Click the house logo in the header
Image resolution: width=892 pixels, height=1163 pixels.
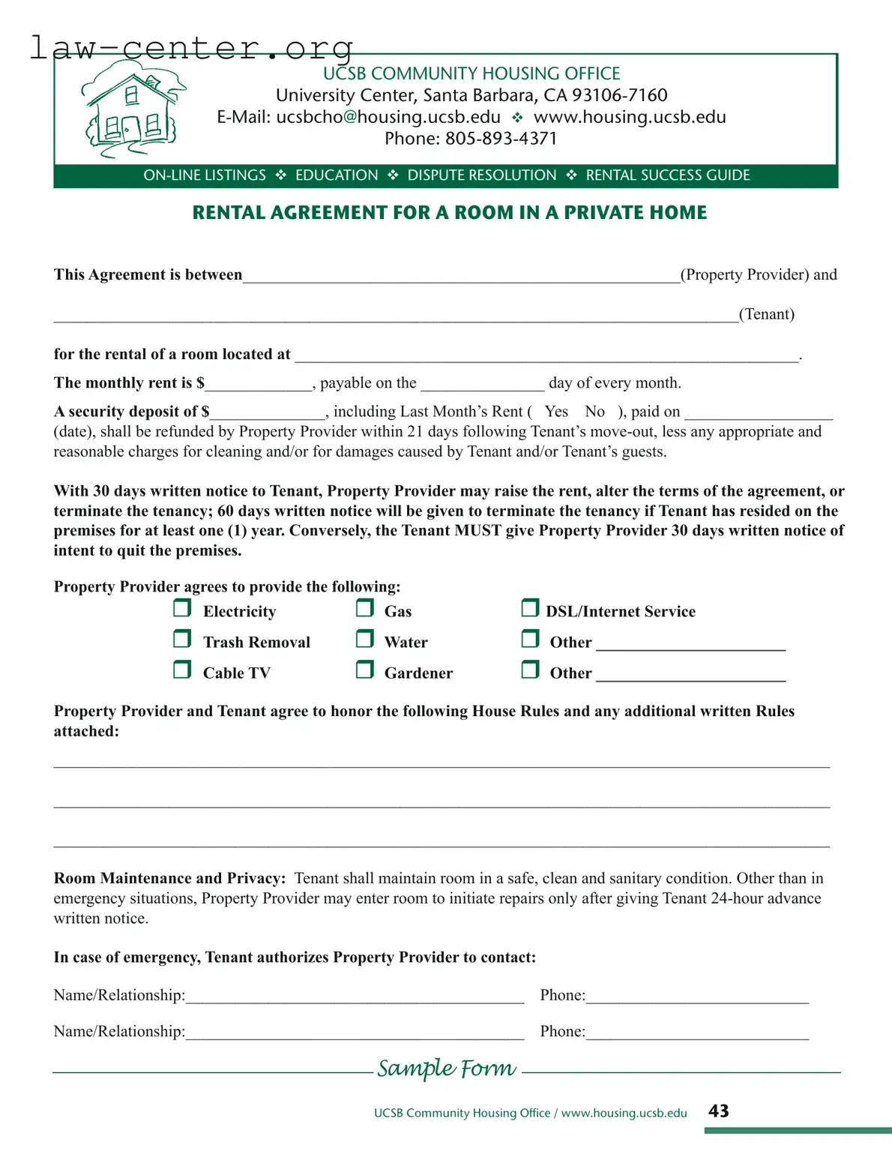pos(132,109)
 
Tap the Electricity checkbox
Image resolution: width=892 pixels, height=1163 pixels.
pos(182,608)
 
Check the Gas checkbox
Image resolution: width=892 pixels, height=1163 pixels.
pos(365,608)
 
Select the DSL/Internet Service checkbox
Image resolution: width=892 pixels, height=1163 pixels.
pos(530,608)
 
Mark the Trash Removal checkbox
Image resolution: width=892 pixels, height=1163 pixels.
pos(182,639)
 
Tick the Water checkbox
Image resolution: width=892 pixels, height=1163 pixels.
pos(365,639)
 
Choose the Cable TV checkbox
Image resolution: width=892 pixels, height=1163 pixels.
pos(182,670)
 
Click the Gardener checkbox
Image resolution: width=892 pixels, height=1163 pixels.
pos(365,670)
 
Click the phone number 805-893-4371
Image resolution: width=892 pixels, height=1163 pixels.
pos(501,139)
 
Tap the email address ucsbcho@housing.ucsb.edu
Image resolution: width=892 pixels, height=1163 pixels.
pos(388,117)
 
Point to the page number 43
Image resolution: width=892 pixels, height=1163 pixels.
pos(718,1111)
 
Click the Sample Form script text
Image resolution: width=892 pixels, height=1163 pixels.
pos(447,1068)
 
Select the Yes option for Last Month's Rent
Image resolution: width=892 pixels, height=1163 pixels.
pos(556,412)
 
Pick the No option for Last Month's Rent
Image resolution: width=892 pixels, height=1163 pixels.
pos(594,412)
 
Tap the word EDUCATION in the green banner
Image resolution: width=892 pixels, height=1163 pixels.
pos(337,175)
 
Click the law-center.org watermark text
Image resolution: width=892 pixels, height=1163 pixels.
pos(191,47)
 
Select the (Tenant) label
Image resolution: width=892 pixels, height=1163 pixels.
pos(766,314)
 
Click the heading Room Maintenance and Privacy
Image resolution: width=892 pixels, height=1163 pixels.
pos(169,879)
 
